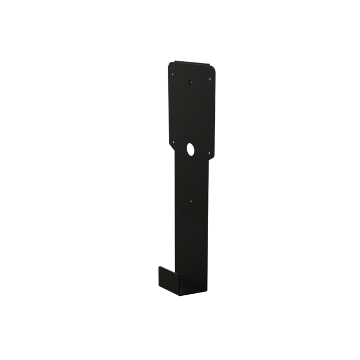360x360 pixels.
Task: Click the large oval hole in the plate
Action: (190, 149)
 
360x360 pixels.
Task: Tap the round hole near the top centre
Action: (190, 83)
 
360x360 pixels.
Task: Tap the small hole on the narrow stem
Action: (190, 200)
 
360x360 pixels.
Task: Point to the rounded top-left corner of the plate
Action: (170, 64)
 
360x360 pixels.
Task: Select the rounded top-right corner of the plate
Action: (214, 67)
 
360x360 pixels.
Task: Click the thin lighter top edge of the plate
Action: (191, 62)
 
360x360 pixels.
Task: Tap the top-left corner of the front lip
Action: (160, 267)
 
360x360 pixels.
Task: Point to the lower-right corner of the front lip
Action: (179, 295)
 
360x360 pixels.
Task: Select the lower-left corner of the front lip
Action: (159, 285)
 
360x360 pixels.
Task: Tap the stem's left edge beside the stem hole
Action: (175, 200)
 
